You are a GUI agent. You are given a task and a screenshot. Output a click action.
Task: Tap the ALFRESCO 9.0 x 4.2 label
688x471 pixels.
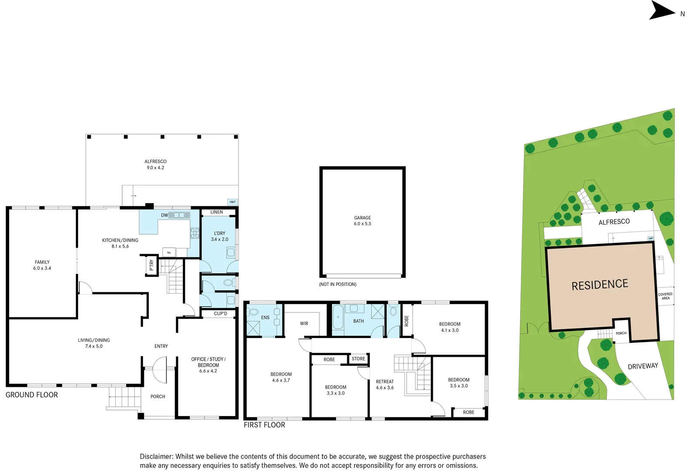tap(155, 164)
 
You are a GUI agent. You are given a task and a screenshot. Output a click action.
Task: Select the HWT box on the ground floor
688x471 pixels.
tap(233, 202)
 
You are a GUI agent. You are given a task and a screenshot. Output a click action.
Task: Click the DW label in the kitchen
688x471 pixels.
tap(164, 215)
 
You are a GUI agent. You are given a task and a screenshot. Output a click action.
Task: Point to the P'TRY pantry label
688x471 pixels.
tap(151, 265)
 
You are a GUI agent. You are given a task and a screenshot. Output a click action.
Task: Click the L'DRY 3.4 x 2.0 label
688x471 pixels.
tap(219, 236)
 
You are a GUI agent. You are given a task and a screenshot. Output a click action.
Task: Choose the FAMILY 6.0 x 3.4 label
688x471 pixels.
tap(42, 265)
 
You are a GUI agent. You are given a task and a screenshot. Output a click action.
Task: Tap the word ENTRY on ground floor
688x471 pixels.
tap(161, 346)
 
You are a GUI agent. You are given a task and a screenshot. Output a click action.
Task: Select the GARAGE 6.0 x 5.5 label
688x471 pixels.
tap(362, 221)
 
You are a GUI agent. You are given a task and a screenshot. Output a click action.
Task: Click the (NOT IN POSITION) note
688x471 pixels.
tap(337, 284)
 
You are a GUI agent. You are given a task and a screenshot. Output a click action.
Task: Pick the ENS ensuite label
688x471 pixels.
tap(265, 317)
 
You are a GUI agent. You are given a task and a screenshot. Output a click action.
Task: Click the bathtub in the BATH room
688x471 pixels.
tap(338, 317)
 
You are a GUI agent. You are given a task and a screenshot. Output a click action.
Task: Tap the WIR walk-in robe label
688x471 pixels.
tap(304, 324)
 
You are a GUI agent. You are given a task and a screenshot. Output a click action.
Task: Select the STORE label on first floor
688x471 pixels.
tap(358, 359)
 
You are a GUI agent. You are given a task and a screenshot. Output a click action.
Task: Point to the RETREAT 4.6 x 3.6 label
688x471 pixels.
tap(384, 384)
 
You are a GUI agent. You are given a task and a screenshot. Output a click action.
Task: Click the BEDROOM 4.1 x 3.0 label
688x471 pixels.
tap(449, 327)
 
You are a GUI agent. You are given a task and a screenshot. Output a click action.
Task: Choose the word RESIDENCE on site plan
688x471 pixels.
tap(600, 285)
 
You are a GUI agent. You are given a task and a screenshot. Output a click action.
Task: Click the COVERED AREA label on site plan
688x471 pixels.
tap(665, 296)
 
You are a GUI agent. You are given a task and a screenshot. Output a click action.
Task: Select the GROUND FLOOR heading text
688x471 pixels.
tap(31, 395)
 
